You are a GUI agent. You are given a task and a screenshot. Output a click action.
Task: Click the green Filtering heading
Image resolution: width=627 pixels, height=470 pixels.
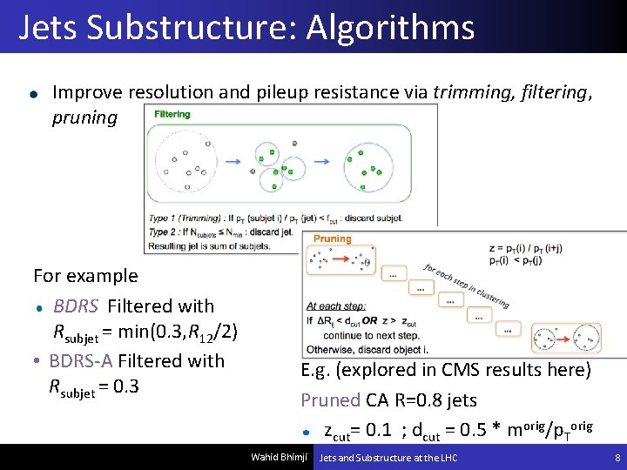coord(172,114)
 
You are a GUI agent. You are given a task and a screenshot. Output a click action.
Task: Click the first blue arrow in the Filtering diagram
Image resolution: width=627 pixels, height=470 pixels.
coord(233,161)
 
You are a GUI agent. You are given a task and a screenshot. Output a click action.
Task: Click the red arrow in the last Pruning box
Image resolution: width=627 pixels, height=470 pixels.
coord(564,335)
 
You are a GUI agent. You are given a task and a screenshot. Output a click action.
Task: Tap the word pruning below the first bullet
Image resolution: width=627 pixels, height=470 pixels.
coord(84,117)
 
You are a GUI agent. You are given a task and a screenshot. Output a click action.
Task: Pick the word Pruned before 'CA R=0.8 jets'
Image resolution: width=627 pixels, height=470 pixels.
coord(330,400)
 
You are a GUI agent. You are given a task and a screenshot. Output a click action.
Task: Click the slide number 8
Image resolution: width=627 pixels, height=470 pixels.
coord(617,458)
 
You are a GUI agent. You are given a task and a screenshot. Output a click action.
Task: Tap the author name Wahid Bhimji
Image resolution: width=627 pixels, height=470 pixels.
coord(279,458)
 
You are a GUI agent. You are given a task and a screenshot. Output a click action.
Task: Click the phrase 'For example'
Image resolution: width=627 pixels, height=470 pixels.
coord(85,276)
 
